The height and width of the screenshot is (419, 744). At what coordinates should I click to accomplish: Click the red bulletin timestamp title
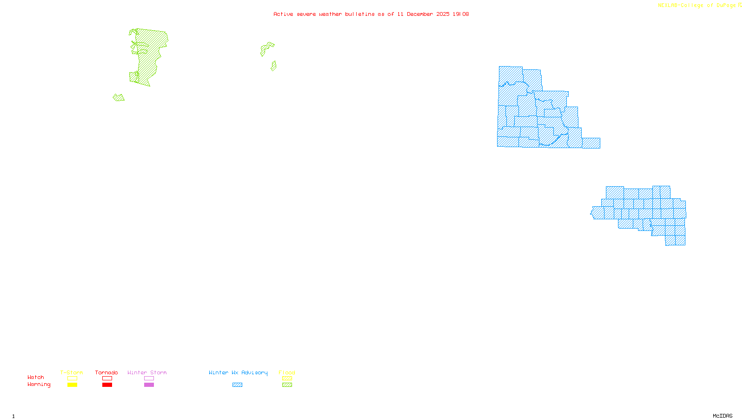coord(371,14)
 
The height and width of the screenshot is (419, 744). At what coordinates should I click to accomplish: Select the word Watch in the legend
coord(36,377)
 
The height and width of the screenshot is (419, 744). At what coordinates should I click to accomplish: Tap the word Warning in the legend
coord(39,385)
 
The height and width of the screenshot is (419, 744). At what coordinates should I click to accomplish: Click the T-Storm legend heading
coord(72,372)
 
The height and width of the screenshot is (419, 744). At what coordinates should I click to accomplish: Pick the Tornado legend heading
coord(106,372)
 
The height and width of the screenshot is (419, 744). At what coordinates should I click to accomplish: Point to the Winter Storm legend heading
coord(147,372)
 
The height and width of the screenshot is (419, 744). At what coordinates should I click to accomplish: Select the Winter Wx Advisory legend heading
coord(238,372)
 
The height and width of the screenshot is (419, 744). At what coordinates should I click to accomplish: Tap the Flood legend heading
coord(287,372)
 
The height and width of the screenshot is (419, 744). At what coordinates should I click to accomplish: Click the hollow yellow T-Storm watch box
coord(72,378)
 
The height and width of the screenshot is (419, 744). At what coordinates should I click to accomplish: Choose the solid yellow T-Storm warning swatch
coord(72,385)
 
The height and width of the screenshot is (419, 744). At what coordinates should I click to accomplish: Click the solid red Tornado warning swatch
coord(107,385)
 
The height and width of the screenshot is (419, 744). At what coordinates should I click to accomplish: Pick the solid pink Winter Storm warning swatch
coord(149,385)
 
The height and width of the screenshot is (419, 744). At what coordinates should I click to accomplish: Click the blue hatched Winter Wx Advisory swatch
coord(237,385)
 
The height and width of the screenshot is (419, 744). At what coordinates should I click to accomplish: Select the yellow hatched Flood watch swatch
coord(287,378)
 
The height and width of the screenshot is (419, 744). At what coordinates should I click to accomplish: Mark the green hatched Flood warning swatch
coord(287,385)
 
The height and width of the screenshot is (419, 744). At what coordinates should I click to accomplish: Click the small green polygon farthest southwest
coord(119,98)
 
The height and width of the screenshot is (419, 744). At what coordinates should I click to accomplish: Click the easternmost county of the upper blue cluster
coord(591,143)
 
